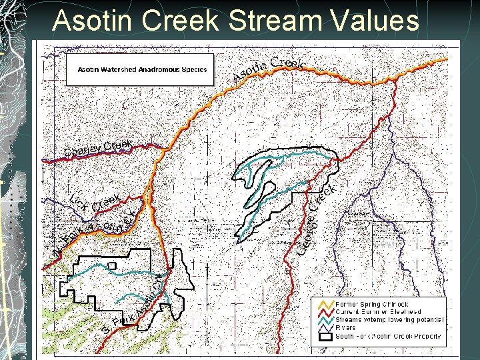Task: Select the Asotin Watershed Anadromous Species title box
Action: [140, 69]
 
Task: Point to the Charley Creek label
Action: [99, 148]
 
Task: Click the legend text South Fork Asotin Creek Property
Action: [388, 337]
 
